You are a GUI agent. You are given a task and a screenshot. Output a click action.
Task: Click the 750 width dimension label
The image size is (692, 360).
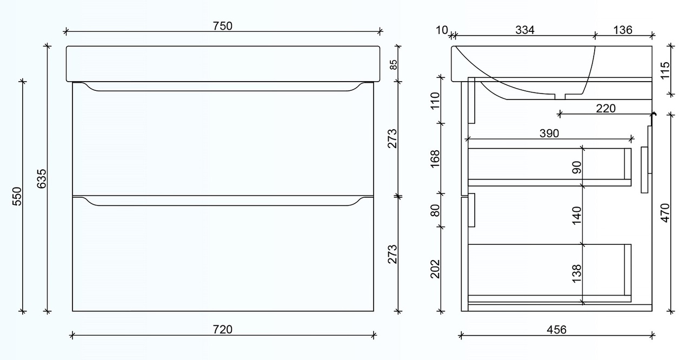(222, 25)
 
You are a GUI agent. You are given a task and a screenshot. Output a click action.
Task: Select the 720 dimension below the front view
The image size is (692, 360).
(222, 329)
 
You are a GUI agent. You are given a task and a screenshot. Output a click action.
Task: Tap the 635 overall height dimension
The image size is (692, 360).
(42, 178)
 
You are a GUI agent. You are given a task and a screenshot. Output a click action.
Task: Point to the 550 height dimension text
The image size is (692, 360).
(17, 196)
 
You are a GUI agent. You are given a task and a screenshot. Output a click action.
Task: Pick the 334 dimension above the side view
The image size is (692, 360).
(524, 30)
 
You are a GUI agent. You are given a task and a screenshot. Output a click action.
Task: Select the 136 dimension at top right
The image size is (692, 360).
(623, 30)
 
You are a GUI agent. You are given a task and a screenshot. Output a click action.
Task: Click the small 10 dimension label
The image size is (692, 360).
(442, 30)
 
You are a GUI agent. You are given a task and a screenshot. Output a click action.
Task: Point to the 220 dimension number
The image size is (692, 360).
(605, 108)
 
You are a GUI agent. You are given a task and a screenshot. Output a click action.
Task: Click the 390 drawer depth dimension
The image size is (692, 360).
(549, 133)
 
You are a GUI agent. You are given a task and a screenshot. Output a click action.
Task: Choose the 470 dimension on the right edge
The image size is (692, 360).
(665, 213)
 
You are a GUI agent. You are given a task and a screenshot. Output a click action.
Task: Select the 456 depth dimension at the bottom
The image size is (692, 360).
(556, 329)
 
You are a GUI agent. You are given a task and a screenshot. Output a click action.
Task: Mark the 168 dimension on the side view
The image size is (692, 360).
(435, 159)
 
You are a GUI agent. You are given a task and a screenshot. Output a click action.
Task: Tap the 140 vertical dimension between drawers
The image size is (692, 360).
(577, 215)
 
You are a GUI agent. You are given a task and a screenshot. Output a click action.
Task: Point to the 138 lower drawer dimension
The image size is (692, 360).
(577, 274)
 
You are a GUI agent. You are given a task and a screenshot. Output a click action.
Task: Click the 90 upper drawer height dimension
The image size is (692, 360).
(577, 168)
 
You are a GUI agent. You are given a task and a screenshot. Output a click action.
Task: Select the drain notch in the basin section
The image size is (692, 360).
(560, 97)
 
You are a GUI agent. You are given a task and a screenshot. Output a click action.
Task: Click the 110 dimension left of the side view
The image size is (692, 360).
(435, 101)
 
